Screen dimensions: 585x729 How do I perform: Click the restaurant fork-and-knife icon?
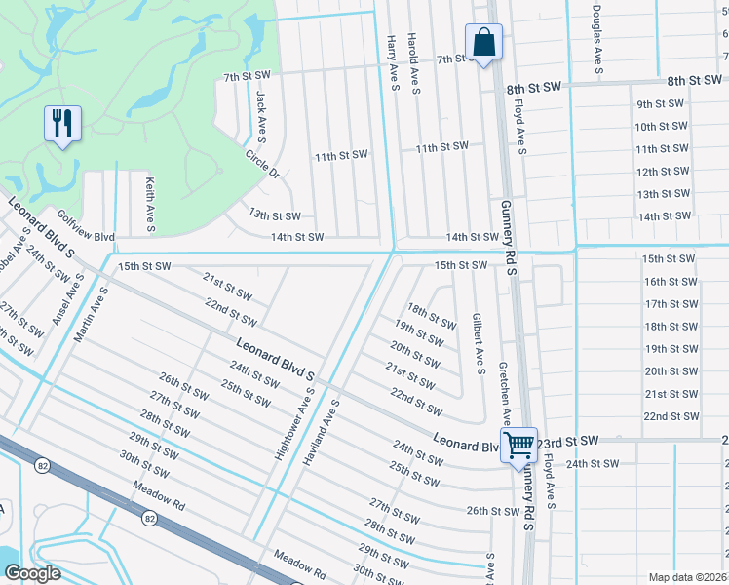(61, 123)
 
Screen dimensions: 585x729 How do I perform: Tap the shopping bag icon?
(482, 42)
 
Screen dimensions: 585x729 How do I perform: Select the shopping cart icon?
(519, 445)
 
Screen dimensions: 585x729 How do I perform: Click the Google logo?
(32, 573)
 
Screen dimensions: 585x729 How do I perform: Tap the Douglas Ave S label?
(595, 40)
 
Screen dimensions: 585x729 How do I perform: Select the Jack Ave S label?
(260, 114)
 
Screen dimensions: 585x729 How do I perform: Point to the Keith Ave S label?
(149, 205)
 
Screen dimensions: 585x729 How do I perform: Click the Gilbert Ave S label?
(478, 343)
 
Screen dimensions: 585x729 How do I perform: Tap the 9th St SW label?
(657, 104)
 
